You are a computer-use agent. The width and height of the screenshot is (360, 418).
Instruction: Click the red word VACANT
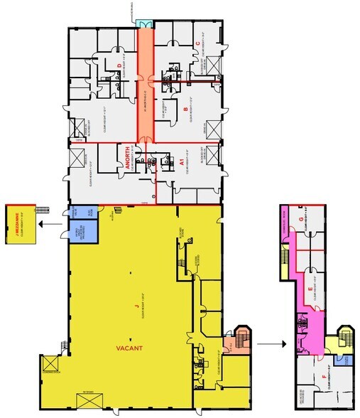[x=129, y=348]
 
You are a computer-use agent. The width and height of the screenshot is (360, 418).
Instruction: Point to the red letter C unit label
[x=198, y=43]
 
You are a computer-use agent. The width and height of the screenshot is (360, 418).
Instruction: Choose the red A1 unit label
[x=182, y=162]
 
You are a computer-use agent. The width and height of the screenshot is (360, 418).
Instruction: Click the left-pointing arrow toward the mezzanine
[x=50, y=224]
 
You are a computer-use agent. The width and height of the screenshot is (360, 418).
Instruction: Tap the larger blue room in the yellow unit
[x=88, y=230]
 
